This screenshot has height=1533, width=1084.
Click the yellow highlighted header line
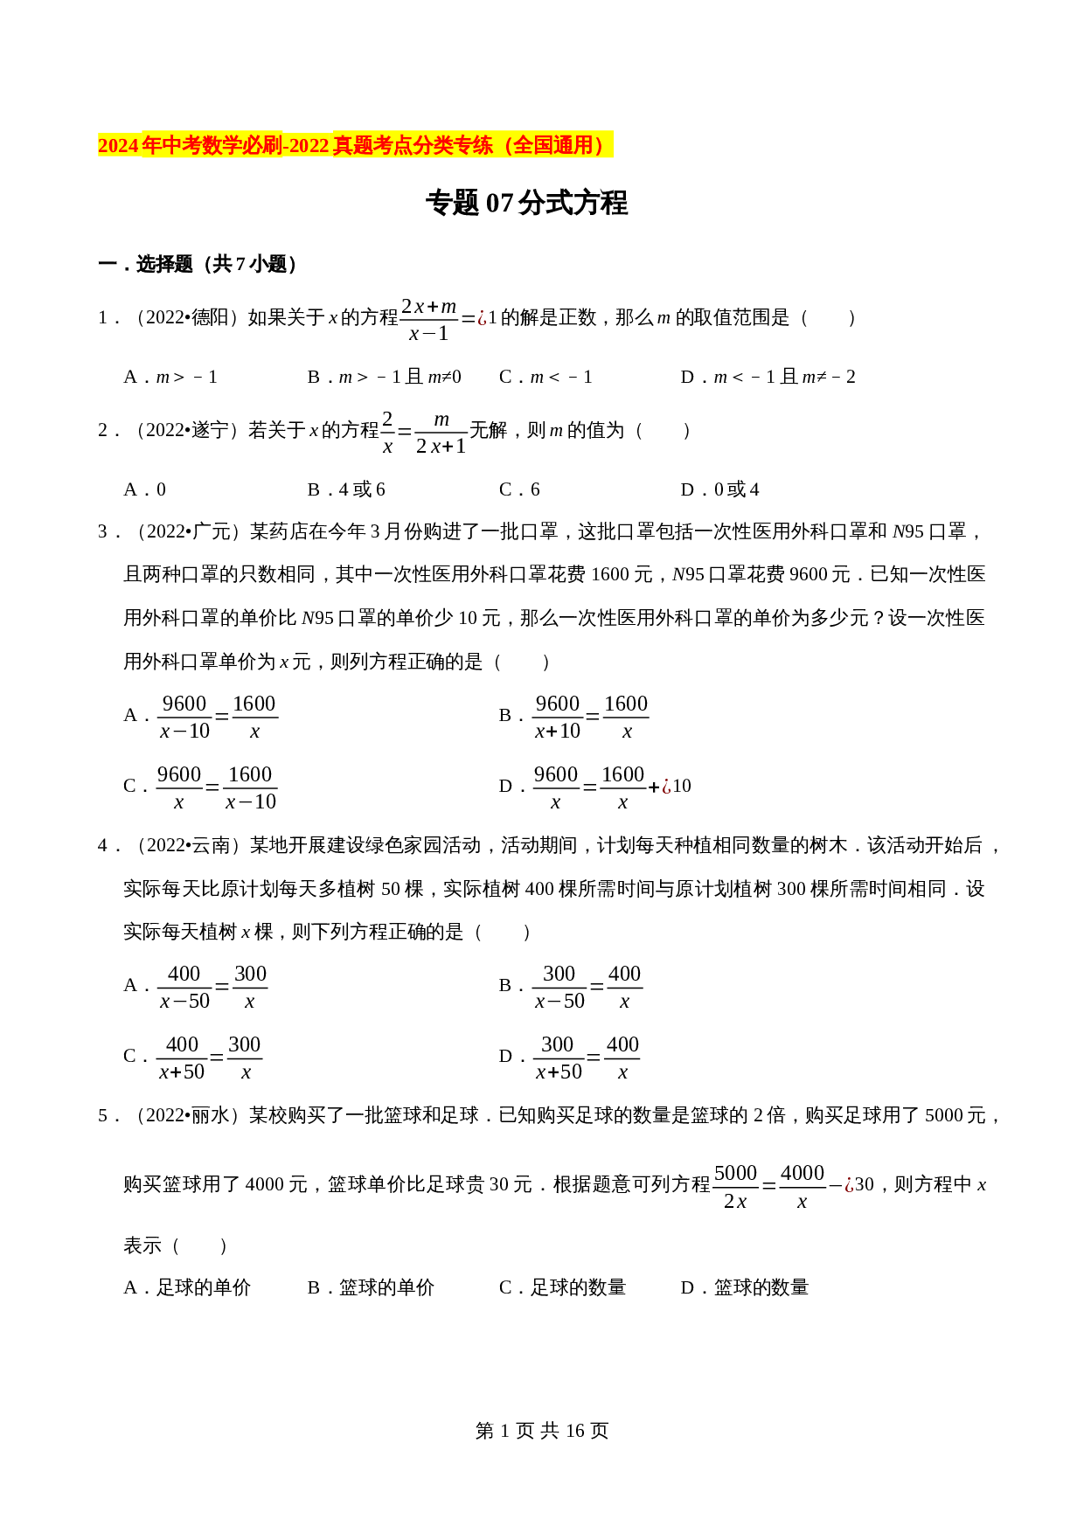coord(354,145)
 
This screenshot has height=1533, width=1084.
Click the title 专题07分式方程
coord(526,203)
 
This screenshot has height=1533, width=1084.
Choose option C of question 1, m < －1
coord(546,378)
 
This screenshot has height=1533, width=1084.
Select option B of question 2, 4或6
coord(347,490)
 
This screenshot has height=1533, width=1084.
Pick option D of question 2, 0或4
coord(720,490)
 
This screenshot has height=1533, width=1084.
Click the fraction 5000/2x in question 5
coord(735,1186)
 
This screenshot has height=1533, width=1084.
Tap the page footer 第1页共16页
coord(541,1431)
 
